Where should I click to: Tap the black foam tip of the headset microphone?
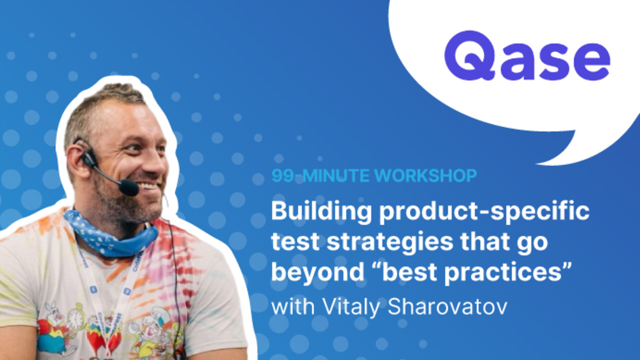[129, 187]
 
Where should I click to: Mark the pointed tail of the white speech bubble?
[544, 159]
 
